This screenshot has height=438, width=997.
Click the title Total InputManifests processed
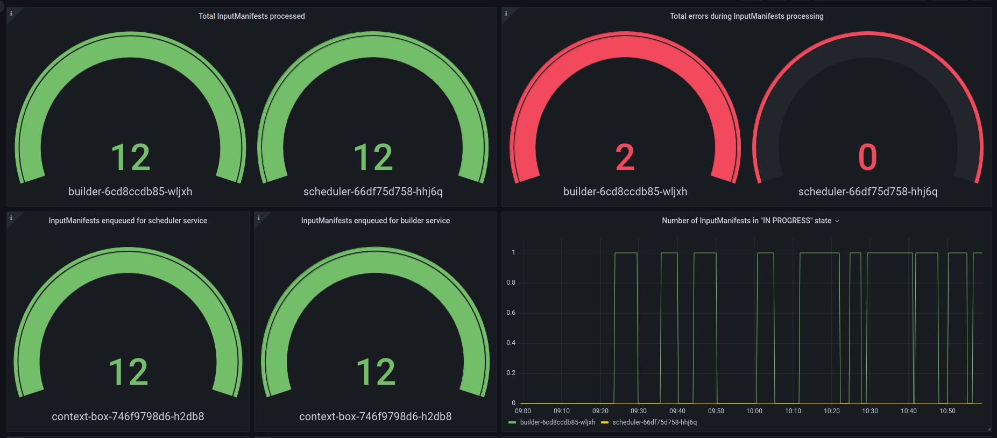(251, 16)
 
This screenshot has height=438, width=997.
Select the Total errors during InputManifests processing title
(746, 16)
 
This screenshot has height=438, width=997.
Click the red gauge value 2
(625, 157)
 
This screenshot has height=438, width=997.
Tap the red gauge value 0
(867, 157)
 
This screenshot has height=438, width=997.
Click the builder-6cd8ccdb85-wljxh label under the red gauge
(625, 192)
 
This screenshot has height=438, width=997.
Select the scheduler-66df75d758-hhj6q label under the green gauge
(373, 192)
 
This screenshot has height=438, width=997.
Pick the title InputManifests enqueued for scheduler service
(128, 221)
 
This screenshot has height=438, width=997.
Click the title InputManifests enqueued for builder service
(375, 221)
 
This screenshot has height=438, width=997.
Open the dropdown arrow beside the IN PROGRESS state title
(837, 221)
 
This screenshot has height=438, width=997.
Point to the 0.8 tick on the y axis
(511, 282)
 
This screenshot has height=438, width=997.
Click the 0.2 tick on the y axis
(511, 373)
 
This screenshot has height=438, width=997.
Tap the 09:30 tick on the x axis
(639, 411)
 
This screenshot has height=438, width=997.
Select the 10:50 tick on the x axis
(947, 411)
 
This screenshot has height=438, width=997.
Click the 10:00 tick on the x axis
(754, 411)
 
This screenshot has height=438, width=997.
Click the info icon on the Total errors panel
(506, 13)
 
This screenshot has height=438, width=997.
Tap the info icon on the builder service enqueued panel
(258, 218)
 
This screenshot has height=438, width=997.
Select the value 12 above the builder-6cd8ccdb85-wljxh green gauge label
(130, 157)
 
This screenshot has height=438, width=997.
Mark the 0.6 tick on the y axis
(511, 313)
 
